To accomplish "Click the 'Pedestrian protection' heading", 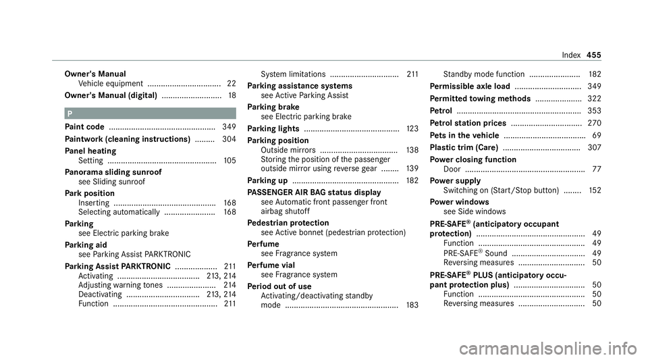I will click(297, 222).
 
